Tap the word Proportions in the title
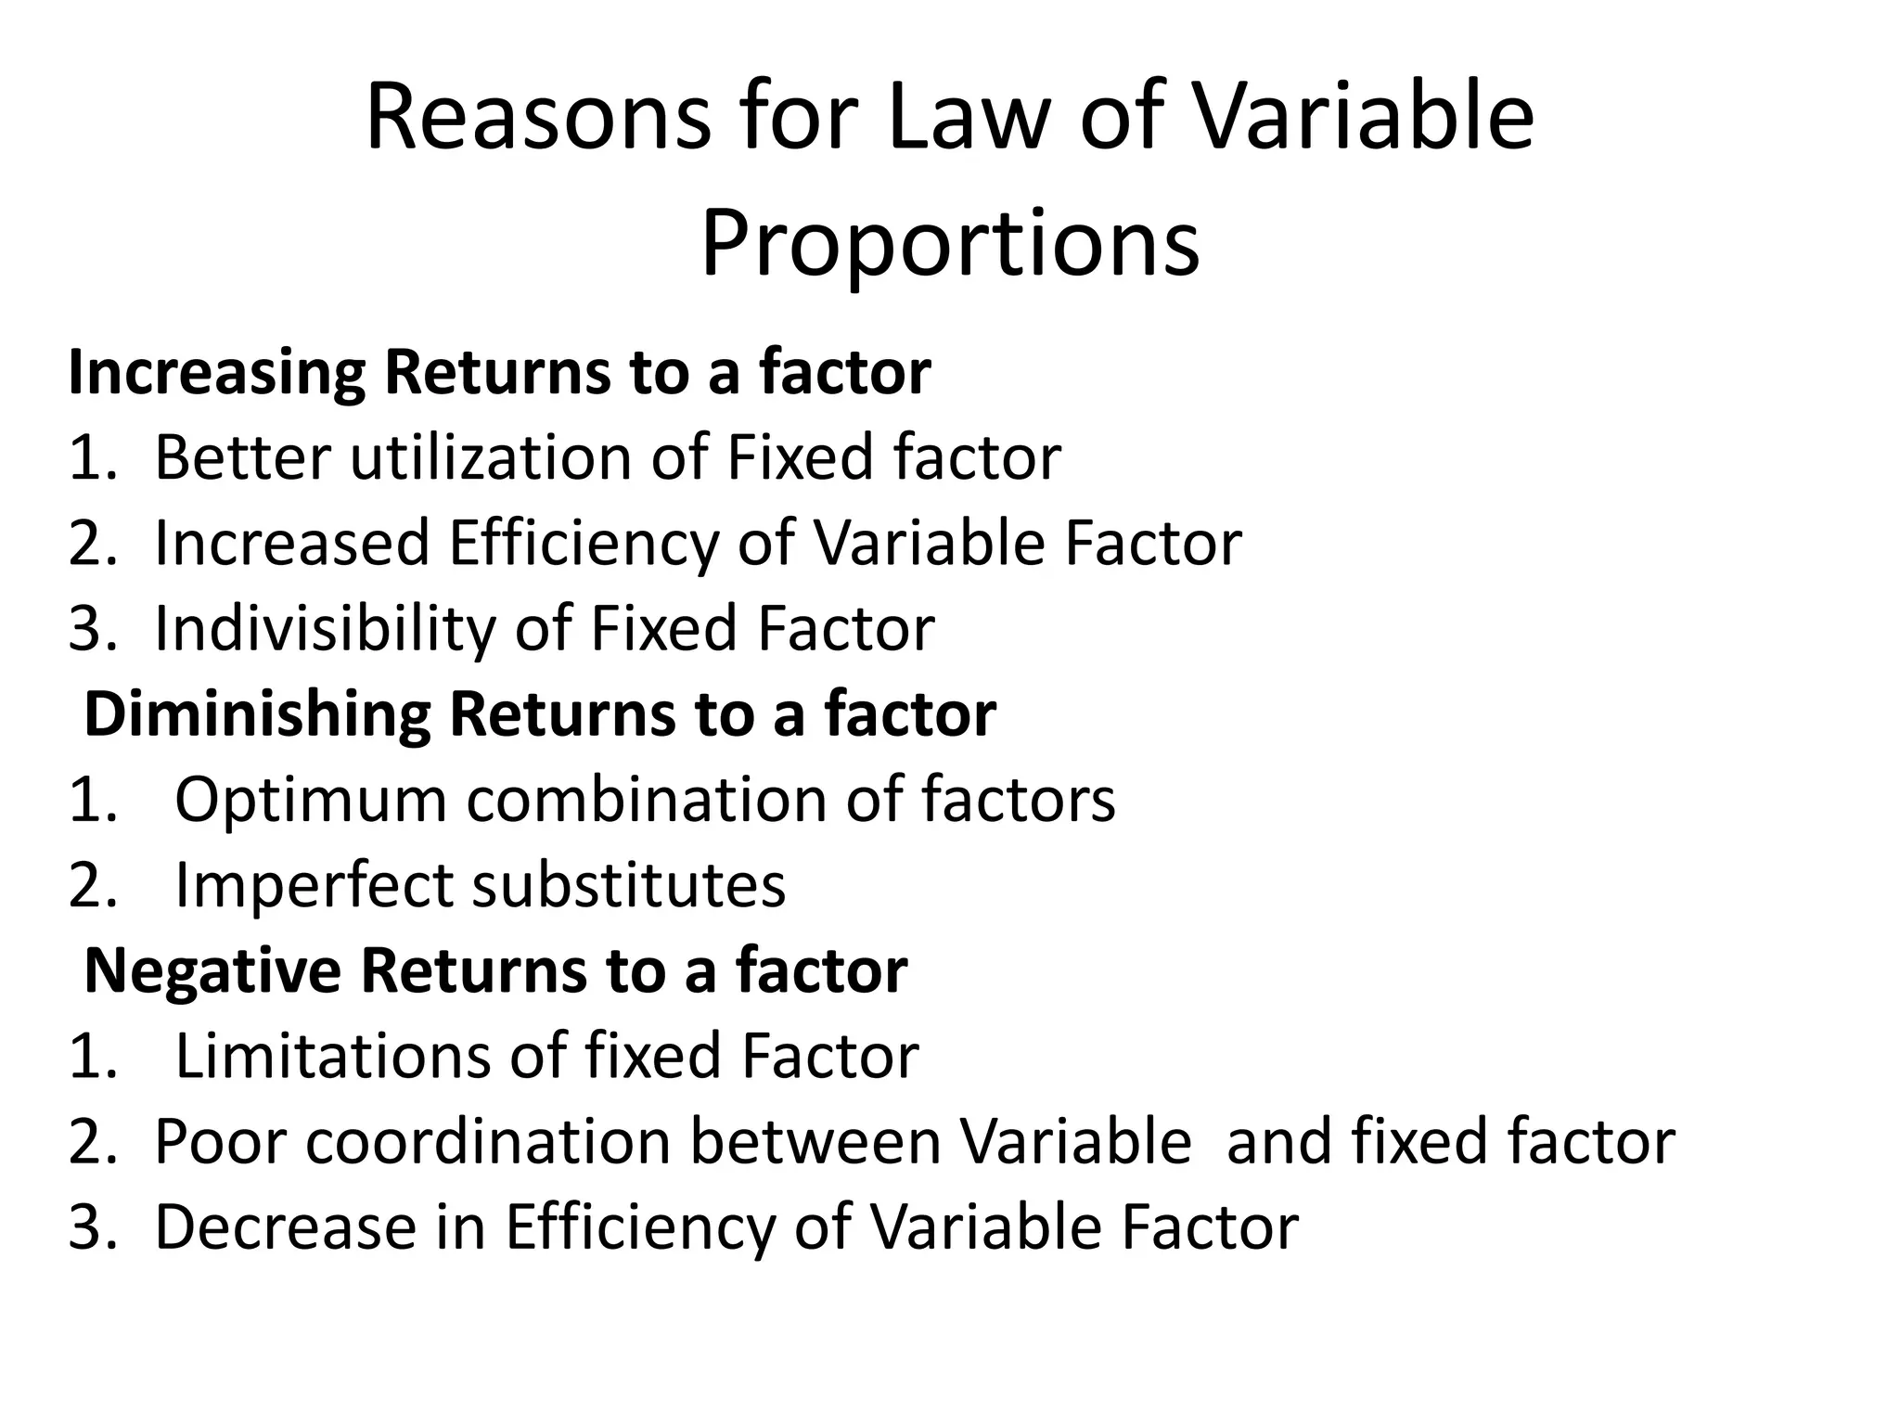point(950,244)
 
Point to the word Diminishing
point(257,714)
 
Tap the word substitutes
point(629,885)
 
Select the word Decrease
point(286,1226)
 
